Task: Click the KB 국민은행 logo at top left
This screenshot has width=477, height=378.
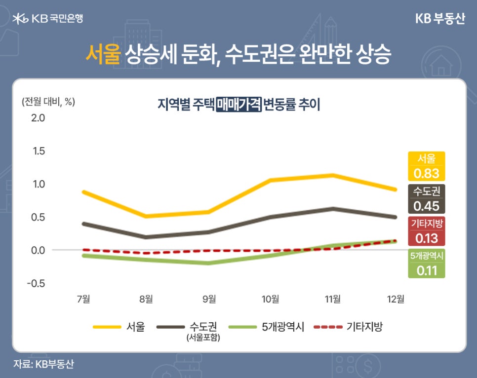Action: (48, 18)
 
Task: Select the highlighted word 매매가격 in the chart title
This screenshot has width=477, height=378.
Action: (238, 105)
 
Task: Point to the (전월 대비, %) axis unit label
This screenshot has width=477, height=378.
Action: (48, 102)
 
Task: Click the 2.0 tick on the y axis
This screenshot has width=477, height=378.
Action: (38, 118)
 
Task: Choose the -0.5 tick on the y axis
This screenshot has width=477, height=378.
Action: (36, 283)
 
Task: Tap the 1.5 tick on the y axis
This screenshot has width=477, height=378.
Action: (38, 151)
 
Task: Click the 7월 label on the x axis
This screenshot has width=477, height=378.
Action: (83, 299)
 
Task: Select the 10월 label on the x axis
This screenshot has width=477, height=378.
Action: (271, 299)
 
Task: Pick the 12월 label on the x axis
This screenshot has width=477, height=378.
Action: (396, 299)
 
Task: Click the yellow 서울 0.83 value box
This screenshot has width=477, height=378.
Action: (427, 166)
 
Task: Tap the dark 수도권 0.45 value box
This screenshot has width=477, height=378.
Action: (427, 198)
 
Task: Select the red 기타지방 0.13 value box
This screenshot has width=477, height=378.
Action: (427, 231)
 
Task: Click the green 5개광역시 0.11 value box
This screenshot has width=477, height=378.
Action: (427, 264)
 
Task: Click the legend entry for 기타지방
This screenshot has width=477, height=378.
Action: (349, 327)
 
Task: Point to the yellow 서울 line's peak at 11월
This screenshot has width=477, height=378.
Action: (333, 175)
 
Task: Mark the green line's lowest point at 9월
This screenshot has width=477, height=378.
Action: (208, 263)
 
